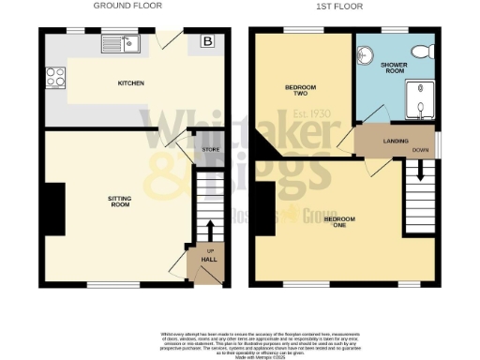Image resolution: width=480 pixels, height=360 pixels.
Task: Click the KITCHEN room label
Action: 130,84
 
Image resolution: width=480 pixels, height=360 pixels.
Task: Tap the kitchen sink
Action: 121,43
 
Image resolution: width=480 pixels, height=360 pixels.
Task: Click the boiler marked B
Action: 205,42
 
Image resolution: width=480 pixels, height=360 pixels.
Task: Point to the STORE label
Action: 210,148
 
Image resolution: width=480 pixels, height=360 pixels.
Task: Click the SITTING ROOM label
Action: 119,200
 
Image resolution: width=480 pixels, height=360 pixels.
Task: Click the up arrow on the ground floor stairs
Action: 209,229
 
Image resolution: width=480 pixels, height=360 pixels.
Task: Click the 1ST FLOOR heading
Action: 344,6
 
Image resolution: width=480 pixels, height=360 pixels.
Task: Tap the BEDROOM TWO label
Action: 301,91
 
